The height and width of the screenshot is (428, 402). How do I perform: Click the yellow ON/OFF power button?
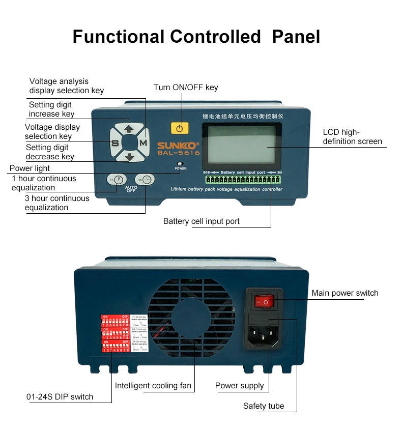tap(179, 128)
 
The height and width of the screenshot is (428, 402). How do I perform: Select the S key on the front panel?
tap(115, 143)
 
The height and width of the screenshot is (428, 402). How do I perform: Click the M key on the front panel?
tap(143, 143)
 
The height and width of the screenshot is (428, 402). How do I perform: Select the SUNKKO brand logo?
tap(178, 145)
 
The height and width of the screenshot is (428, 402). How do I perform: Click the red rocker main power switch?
tap(264, 302)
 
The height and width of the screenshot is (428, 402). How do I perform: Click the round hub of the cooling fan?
tap(194, 325)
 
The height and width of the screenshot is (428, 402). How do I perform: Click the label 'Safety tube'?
tap(263, 406)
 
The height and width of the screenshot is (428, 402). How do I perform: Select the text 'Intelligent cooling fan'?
tap(153, 385)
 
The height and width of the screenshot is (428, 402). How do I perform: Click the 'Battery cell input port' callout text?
tap(202, 221)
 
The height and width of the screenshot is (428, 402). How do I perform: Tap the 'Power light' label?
tap(30, 168)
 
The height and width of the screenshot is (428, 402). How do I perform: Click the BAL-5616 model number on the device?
tap(178, 152)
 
